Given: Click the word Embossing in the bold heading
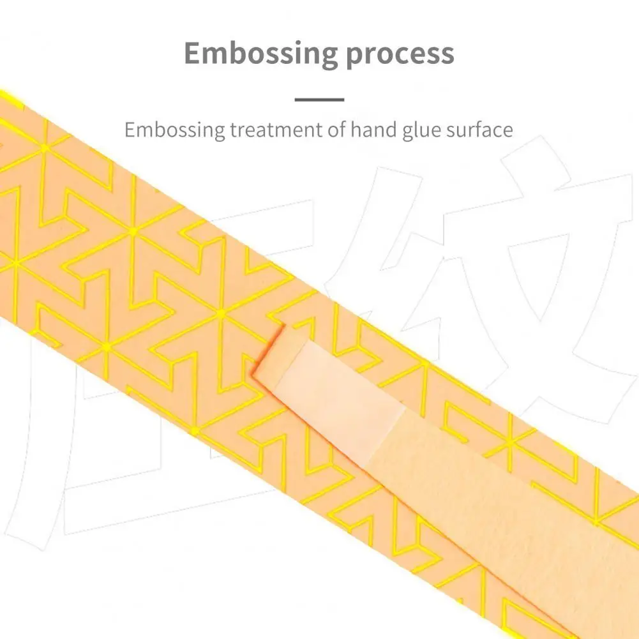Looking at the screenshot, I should click(261, 54).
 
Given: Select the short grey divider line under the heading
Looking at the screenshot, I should click(319, 99).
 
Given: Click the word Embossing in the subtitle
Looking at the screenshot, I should click(175, 130).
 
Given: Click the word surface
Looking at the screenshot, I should click(483, 130).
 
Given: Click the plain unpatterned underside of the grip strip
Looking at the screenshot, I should click(511, 511).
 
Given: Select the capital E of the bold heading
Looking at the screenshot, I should click(193, 54).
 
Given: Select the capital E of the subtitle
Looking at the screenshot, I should click(130, 130).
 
